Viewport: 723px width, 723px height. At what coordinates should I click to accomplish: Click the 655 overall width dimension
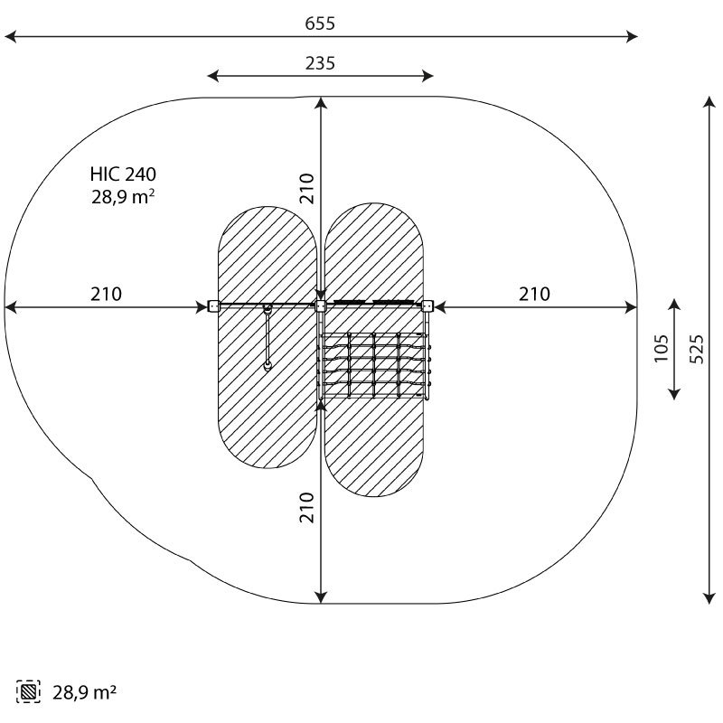(x=320, y=23)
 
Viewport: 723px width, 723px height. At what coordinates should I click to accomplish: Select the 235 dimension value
(x=320, y=63)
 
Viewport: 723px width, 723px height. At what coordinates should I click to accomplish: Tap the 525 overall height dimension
(x=697, y=349)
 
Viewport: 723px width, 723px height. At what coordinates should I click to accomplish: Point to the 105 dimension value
(x=662, y=348)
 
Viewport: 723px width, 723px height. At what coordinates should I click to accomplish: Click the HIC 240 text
(x=123, y=174)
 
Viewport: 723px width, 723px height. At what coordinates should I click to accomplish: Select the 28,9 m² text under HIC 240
(x=123, y=197)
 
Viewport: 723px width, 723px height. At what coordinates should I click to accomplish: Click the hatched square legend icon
(x=28, y=691)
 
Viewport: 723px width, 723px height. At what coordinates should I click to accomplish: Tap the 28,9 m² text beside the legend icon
(x=84, y=692)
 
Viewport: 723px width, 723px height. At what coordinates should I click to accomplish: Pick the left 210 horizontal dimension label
(x=106, y=294)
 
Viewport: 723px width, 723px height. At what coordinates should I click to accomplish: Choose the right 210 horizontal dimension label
(x=534, y=294)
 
